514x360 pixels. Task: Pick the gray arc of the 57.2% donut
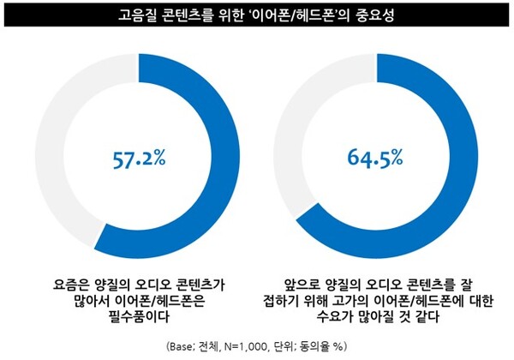(x=54, y=154)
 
